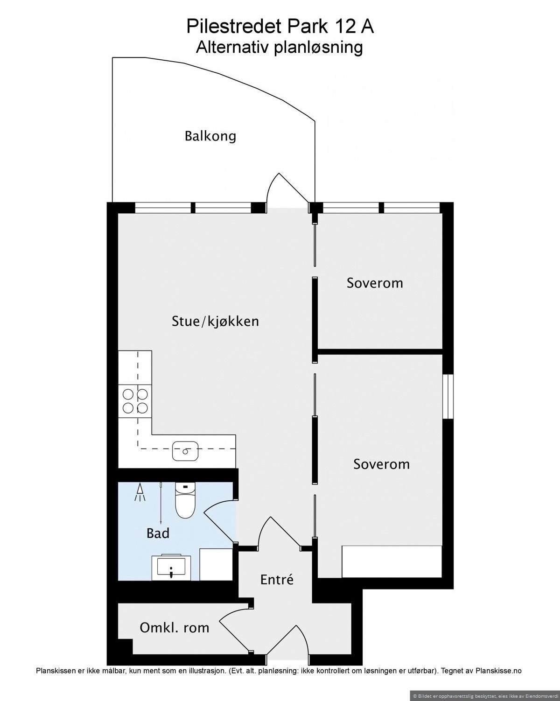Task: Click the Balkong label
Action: pos(210,136)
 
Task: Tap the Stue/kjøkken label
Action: pos(215,321)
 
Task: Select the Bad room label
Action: pos(158,533)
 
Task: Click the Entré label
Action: pos(277,580)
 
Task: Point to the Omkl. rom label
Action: pos(174,628)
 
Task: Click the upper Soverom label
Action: pos(375,283)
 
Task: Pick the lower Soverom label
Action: pos(381,464)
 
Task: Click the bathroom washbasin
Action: pos(171,568)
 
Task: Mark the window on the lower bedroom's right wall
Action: pos(448,396)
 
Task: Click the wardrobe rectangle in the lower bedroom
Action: pos(392,561)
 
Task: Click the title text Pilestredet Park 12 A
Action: pos(280,27)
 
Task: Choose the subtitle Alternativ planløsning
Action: pos(280,48)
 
